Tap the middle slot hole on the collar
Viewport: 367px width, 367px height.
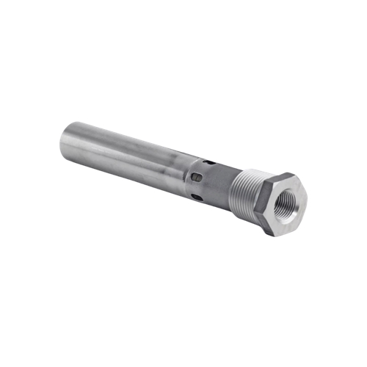pos(196,177)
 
